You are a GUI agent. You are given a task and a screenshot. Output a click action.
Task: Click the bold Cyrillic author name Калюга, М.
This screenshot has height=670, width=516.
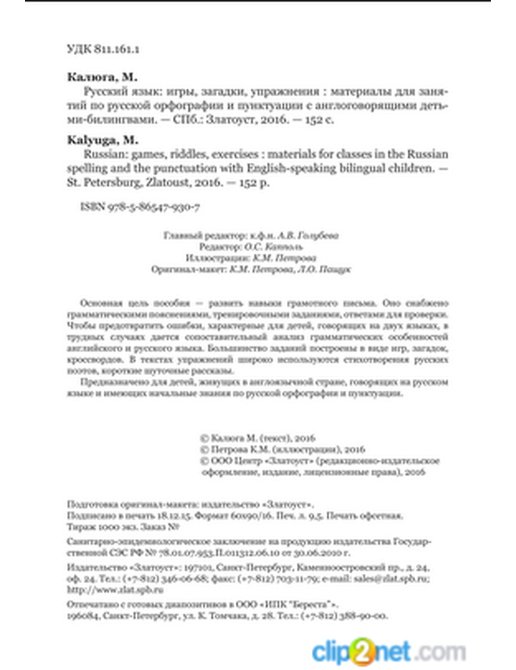point(102,77)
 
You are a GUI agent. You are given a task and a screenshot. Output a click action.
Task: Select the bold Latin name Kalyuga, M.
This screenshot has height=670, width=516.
point(103,140)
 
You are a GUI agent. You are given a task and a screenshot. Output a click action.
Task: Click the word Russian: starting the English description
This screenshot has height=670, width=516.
point(106,154)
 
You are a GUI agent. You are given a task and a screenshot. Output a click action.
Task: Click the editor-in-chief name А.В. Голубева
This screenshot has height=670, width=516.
point(308,236)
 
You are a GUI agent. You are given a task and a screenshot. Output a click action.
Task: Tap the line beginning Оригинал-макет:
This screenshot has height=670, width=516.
point(251,269)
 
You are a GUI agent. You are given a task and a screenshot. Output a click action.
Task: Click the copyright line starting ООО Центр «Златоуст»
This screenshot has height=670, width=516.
point(320,461)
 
